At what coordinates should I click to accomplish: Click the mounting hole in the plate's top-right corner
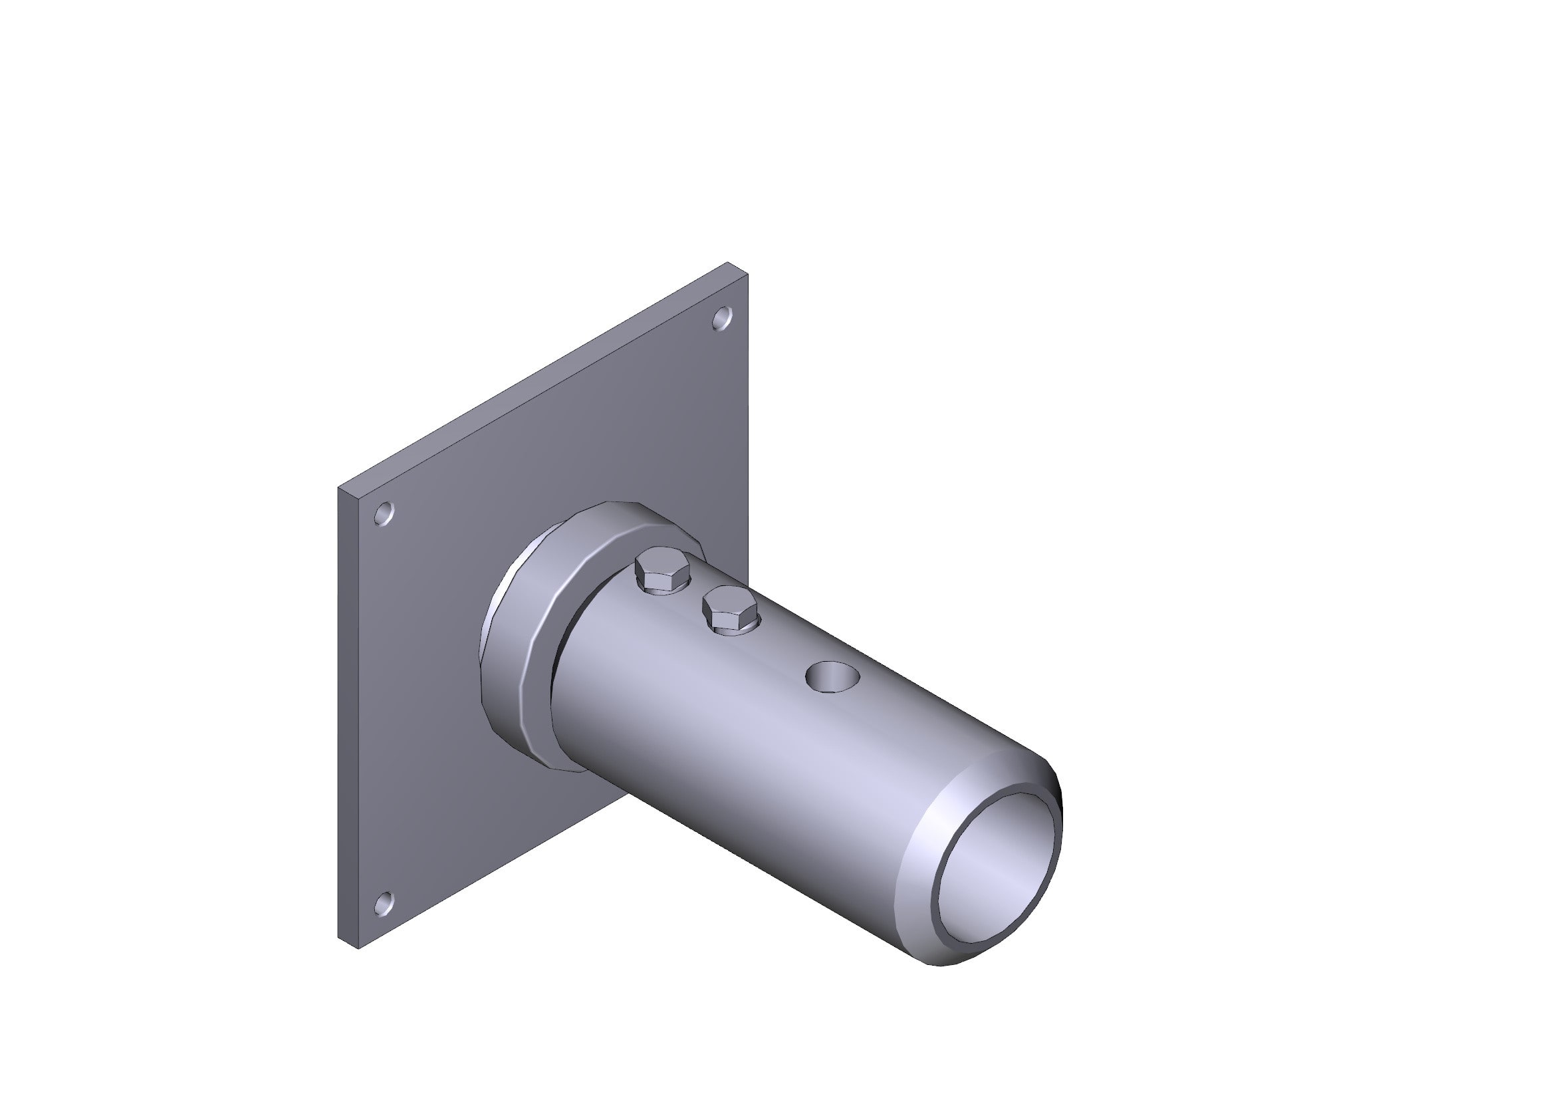point(723,318)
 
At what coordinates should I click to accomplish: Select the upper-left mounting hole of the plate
point(384,513)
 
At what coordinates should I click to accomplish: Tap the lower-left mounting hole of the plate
point(384,904)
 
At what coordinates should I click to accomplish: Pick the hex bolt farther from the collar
point(730,608)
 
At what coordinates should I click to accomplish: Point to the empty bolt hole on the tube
point(832,676)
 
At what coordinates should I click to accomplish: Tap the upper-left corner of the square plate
point(340,487)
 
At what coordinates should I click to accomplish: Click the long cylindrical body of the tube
point(745,745)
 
